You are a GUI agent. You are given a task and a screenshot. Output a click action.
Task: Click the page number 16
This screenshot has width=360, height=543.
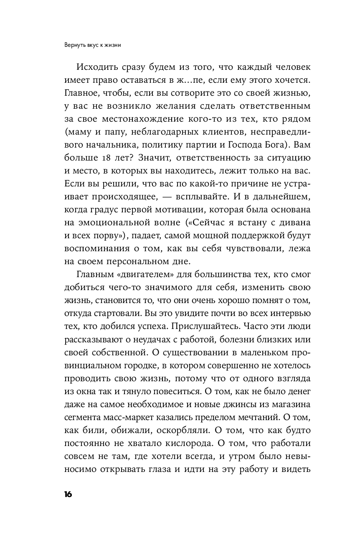[68, 495]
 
